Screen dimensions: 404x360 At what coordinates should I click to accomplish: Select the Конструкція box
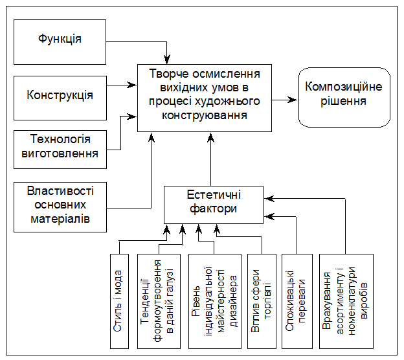click(x=60, y=96)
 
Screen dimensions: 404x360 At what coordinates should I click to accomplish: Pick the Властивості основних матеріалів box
click(x=60, y=206)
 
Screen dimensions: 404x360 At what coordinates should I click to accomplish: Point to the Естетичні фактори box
click(x=214, y=203)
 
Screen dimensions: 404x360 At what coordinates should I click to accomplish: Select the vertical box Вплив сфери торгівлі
click(x=262, y=300)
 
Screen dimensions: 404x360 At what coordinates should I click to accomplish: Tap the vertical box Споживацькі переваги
click(x=297, y=300)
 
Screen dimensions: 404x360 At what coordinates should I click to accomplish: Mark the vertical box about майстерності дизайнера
click(x=215, y=300)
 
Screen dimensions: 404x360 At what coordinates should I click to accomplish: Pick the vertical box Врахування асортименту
click(x=346, y=300)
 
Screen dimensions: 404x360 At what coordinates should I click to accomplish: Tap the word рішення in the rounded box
click(x=343, y=102)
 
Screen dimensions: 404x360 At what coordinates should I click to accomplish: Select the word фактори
click(x=214, y=209)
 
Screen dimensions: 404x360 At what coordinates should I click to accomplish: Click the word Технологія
click(x=60, y=141)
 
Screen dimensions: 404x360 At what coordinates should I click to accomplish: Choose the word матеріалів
click(x=60, y=219)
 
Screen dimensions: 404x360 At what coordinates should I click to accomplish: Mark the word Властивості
click(x=60, y=192)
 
